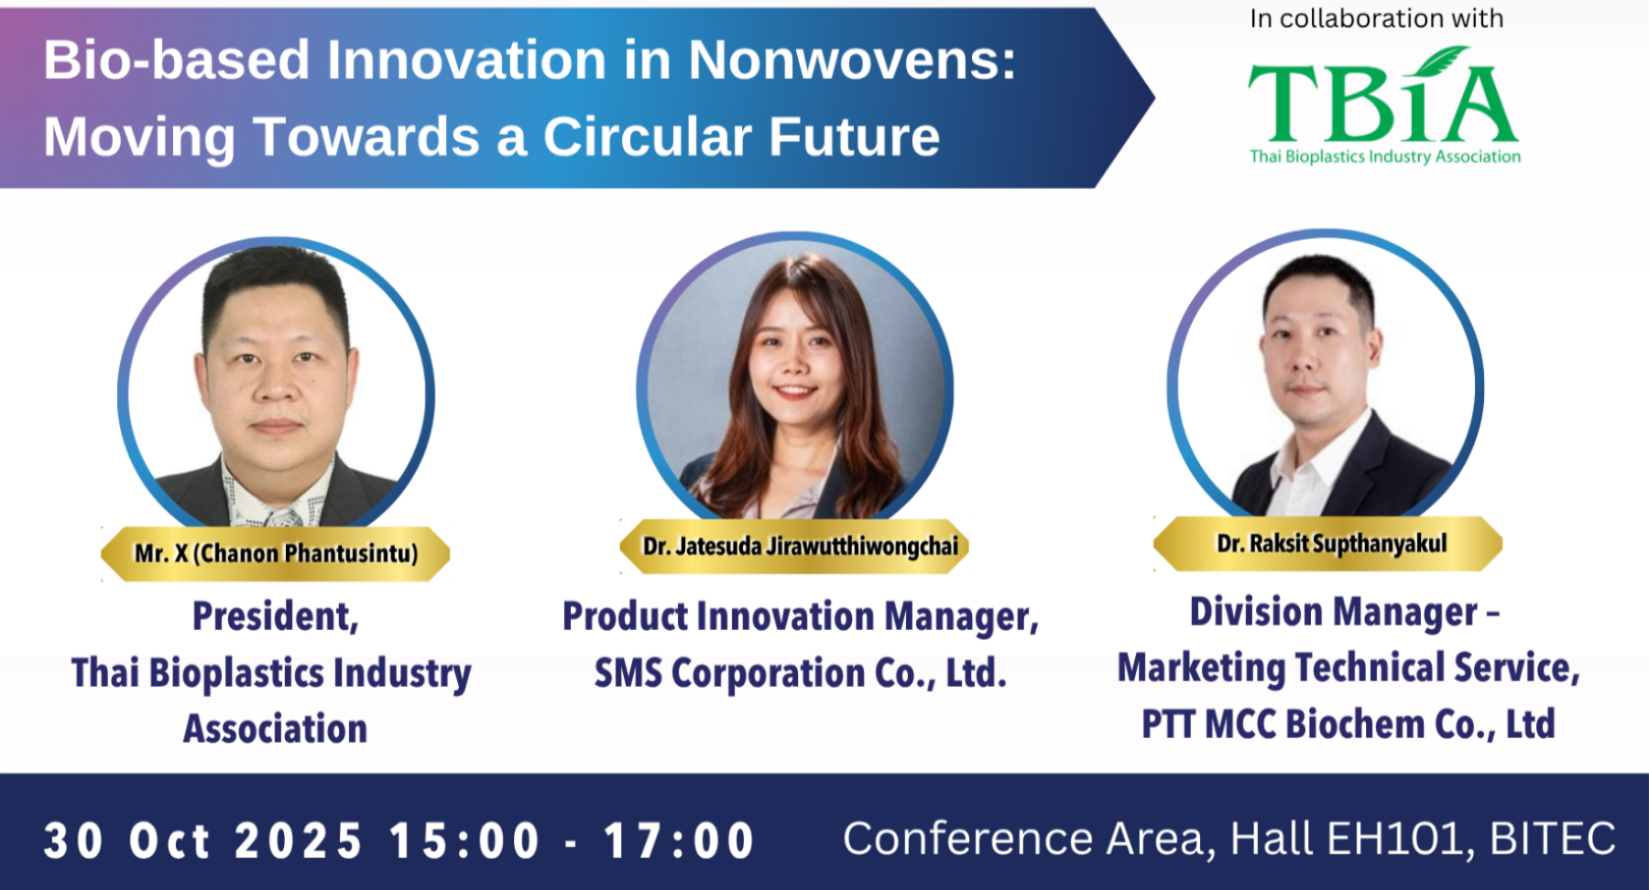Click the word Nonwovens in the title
[x=851, y=60]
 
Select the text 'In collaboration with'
[x=1377, y=19]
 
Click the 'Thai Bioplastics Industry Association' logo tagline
[x=1385, y=157]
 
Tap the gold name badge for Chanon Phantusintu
[x=276, y=553]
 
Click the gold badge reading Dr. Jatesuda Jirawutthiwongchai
[x=794, y=547]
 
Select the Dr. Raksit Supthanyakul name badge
[x=1327, y=544]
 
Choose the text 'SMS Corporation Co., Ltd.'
[x=801, y=674]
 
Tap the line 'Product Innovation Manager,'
[x=801, y=617]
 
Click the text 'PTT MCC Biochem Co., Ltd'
[x=1349, y=724]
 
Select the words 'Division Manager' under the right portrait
[x=1334, y=613]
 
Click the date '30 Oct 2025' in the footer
[x=202, y=841]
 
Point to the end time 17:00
[x=679, y=841]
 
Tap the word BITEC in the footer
[x=1553, y=839]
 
